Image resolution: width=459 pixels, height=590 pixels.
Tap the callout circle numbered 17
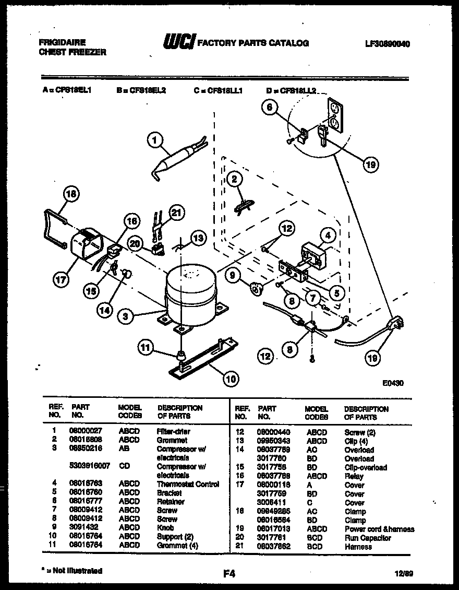61,279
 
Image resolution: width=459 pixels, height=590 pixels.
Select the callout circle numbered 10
230,380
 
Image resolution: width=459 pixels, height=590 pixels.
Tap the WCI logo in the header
179,42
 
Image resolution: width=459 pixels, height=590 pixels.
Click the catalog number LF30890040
387,44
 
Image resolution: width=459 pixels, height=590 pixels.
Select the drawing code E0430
392,383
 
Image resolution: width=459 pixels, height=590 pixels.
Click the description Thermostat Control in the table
188,484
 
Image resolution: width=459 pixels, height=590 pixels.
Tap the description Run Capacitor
368,538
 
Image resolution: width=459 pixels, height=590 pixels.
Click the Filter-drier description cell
173,431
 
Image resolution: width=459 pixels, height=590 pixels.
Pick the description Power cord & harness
379,529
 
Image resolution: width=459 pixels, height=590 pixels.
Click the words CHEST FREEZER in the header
73,52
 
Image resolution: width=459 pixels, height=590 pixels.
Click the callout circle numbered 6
270,108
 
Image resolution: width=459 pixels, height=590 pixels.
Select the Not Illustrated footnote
72,571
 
